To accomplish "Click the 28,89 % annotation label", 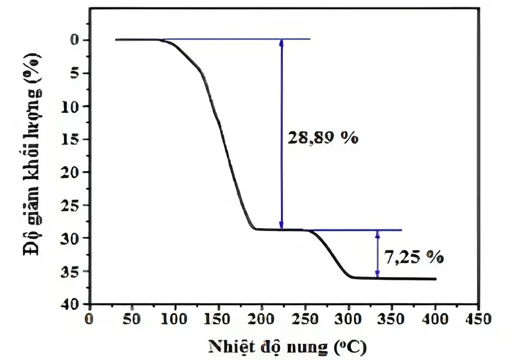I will click(322, 138).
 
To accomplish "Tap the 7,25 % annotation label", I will click(414, 257).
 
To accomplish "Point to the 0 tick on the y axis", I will click(74, 40).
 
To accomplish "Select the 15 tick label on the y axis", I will click(71, 139).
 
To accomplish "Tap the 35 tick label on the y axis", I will click(71, 271).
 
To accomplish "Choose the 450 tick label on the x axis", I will click(478, 320).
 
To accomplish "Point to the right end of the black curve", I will click(435, 279).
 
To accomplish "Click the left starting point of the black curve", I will click(116, 40).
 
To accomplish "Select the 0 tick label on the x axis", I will click(89, 320).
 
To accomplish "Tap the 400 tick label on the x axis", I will click(435, 320).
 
